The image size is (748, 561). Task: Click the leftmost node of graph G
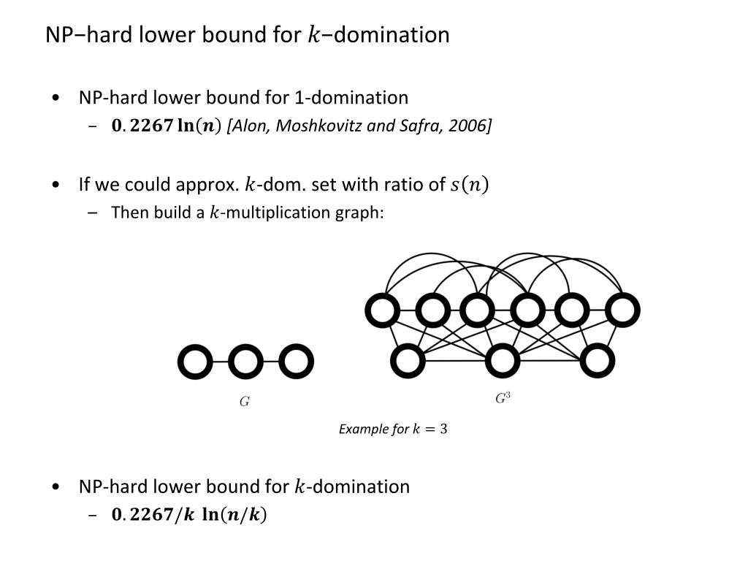[x=195, y=362]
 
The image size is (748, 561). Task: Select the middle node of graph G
[x=245, y=362]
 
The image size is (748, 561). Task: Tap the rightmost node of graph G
[x=296, y=362]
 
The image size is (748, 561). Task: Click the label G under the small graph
[x=245, y=402]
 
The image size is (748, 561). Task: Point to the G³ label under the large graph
[x=503, y=399]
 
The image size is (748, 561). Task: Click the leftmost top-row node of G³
[x=382, y=310]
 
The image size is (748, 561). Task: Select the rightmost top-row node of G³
[x=622, y=310]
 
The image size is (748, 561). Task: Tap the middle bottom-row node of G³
[x=502, y=360]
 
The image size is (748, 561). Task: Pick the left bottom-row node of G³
[x=408, y=360]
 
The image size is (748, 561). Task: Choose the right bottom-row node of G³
[x=598, y=360]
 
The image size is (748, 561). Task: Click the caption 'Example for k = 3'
[x=393, y=429]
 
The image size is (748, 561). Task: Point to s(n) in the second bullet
[x=469, y=185]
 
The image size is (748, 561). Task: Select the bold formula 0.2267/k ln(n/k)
[x=189, y=515]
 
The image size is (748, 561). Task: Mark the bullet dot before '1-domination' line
[x=57, y=98]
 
